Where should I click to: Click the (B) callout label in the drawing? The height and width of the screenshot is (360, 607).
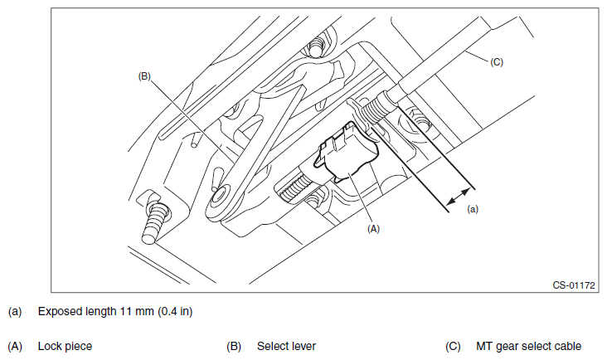(x=144, y=75)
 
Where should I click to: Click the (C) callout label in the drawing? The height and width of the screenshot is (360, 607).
(x=497, y=61)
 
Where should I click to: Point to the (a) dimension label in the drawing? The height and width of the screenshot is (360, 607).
(x=473, y=210)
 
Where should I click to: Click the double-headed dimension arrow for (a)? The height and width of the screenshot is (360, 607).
(x=456, y=196)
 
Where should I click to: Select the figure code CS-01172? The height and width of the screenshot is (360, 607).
(x=575, y=285)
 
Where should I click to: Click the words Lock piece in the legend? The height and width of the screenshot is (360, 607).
(x=66, y=346)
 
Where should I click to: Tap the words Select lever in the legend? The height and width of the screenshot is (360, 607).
(x=286, y=346)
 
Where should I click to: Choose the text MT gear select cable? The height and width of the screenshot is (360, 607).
(x=528, y=346)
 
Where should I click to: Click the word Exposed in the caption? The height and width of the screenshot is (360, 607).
(x=56, y=312)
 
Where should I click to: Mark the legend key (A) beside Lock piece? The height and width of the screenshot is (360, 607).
(x=14, y=346)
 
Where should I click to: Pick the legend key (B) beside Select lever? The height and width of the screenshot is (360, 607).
(x=234, y=346)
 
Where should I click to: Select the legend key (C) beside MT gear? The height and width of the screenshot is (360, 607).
(x=454, y=346)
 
